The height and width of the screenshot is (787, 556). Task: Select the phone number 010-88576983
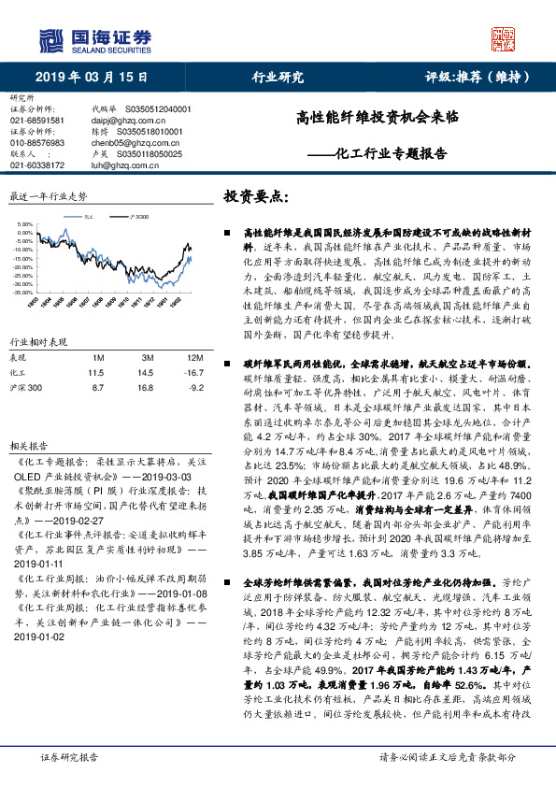point(37,143)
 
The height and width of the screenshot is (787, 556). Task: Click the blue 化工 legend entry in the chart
point(87,217)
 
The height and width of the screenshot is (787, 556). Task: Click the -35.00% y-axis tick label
point(23,293)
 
